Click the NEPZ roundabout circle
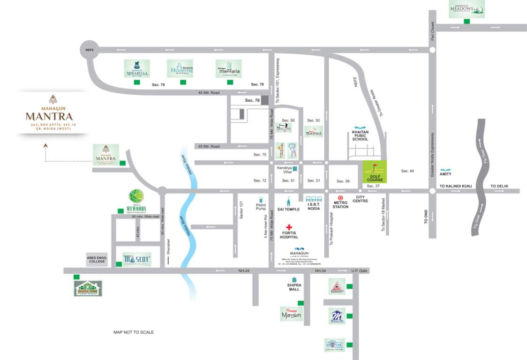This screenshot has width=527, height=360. point(89,49)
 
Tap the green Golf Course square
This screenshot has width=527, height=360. point(375,172)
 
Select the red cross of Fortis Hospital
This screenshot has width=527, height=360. point(289,227)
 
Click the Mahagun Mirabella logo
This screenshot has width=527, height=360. point(137,68)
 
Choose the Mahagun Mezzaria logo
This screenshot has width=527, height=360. point(228,68)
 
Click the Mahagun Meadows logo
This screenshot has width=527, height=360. point(467,9)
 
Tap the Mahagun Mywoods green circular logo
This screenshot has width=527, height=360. point(136,196)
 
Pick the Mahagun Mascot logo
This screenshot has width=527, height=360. point(137,259)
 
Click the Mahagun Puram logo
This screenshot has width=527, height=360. point(88,288)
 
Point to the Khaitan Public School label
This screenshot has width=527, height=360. point(361,135)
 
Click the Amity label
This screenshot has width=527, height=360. point(445,173)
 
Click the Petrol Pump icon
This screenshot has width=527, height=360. point(261,199)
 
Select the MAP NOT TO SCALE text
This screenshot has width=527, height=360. point(133,332)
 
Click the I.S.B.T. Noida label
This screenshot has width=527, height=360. point(313,206)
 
